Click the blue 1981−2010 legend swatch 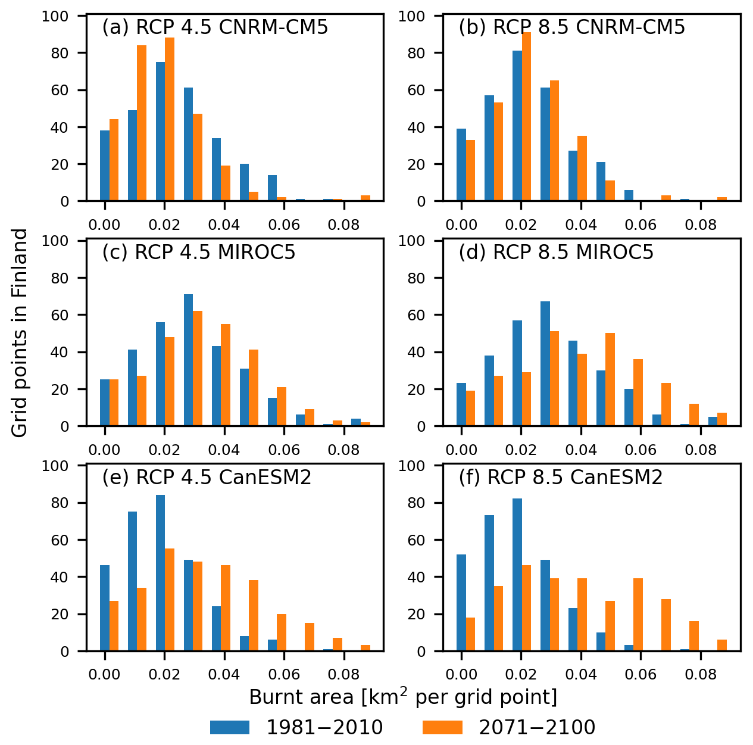(229, 727)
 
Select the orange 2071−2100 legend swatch (442, 727)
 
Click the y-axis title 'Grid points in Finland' (20, 333)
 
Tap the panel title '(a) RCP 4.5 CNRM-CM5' (215, 27)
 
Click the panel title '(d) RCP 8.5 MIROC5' (556, 253)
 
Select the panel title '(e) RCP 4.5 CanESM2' (207, 478)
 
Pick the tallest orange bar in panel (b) (527, 117)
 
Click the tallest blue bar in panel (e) (161, 573)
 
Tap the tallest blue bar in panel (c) (188, 360)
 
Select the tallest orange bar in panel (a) (170, 120)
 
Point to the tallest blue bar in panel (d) (545, 364)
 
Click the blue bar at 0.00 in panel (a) (105, 166)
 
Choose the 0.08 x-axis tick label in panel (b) (701, 225)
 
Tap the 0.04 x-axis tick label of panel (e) (224, 675)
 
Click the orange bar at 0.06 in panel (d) (638, 393)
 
